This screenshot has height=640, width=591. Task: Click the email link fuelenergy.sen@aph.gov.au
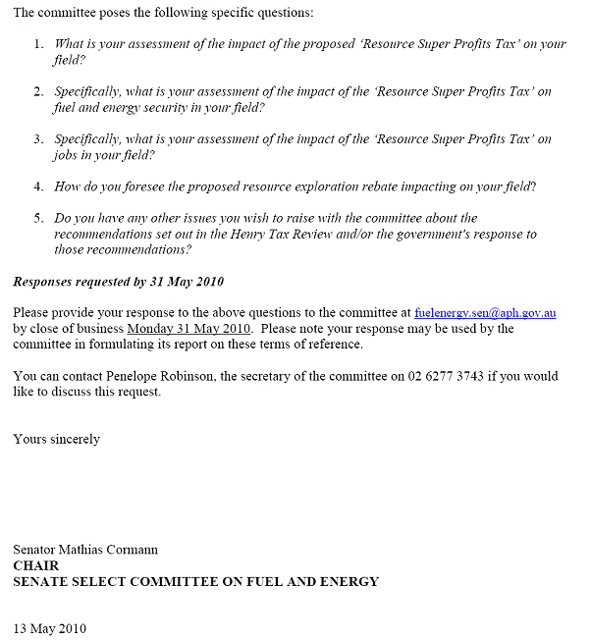point(485,313)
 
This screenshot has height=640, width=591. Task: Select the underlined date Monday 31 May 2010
point(188,329)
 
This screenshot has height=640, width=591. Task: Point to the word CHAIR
point(35,565)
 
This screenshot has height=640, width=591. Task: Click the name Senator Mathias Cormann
point(85,550)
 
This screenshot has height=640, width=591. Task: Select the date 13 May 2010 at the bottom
point(49,628)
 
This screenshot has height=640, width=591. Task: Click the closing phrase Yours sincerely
point(57,439)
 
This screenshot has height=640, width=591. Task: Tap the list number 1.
point(38,44)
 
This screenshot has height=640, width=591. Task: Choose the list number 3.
point(38,139)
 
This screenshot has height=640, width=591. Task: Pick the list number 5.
point(38,218)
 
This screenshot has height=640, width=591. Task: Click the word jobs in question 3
point(66,155)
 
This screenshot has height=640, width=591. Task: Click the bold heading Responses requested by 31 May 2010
point(118,282)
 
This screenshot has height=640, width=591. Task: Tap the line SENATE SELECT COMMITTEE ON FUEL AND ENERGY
point(195,581)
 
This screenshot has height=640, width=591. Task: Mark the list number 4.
point(38,187)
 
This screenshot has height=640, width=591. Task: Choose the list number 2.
point(38,92)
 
